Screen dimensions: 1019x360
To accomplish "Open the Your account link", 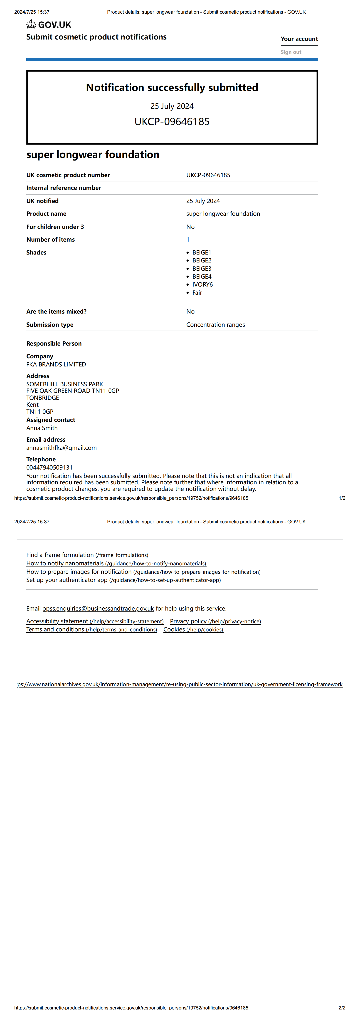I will click(299, 39).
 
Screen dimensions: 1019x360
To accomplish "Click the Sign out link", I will click(291, 52).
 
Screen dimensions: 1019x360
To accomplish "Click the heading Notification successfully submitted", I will click(172, 87).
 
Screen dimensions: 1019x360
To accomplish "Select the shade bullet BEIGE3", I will click(202, 269).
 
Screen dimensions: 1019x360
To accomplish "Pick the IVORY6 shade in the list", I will click(202, 284).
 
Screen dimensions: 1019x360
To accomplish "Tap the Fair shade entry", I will click(197, 293).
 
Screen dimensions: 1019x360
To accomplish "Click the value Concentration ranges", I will click(216, 325).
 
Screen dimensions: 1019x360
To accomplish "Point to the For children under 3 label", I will click(55, 227).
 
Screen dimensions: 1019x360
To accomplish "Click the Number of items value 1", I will click(188, 239).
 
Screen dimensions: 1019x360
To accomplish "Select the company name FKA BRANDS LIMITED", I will click(56, 364).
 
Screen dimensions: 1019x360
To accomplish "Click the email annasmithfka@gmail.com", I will click(61, 448).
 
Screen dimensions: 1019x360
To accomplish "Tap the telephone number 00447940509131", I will click(49, 467).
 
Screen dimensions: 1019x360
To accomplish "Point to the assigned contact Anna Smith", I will click(42, 428).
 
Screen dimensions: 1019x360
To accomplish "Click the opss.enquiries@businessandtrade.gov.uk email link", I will click(98, 608).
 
